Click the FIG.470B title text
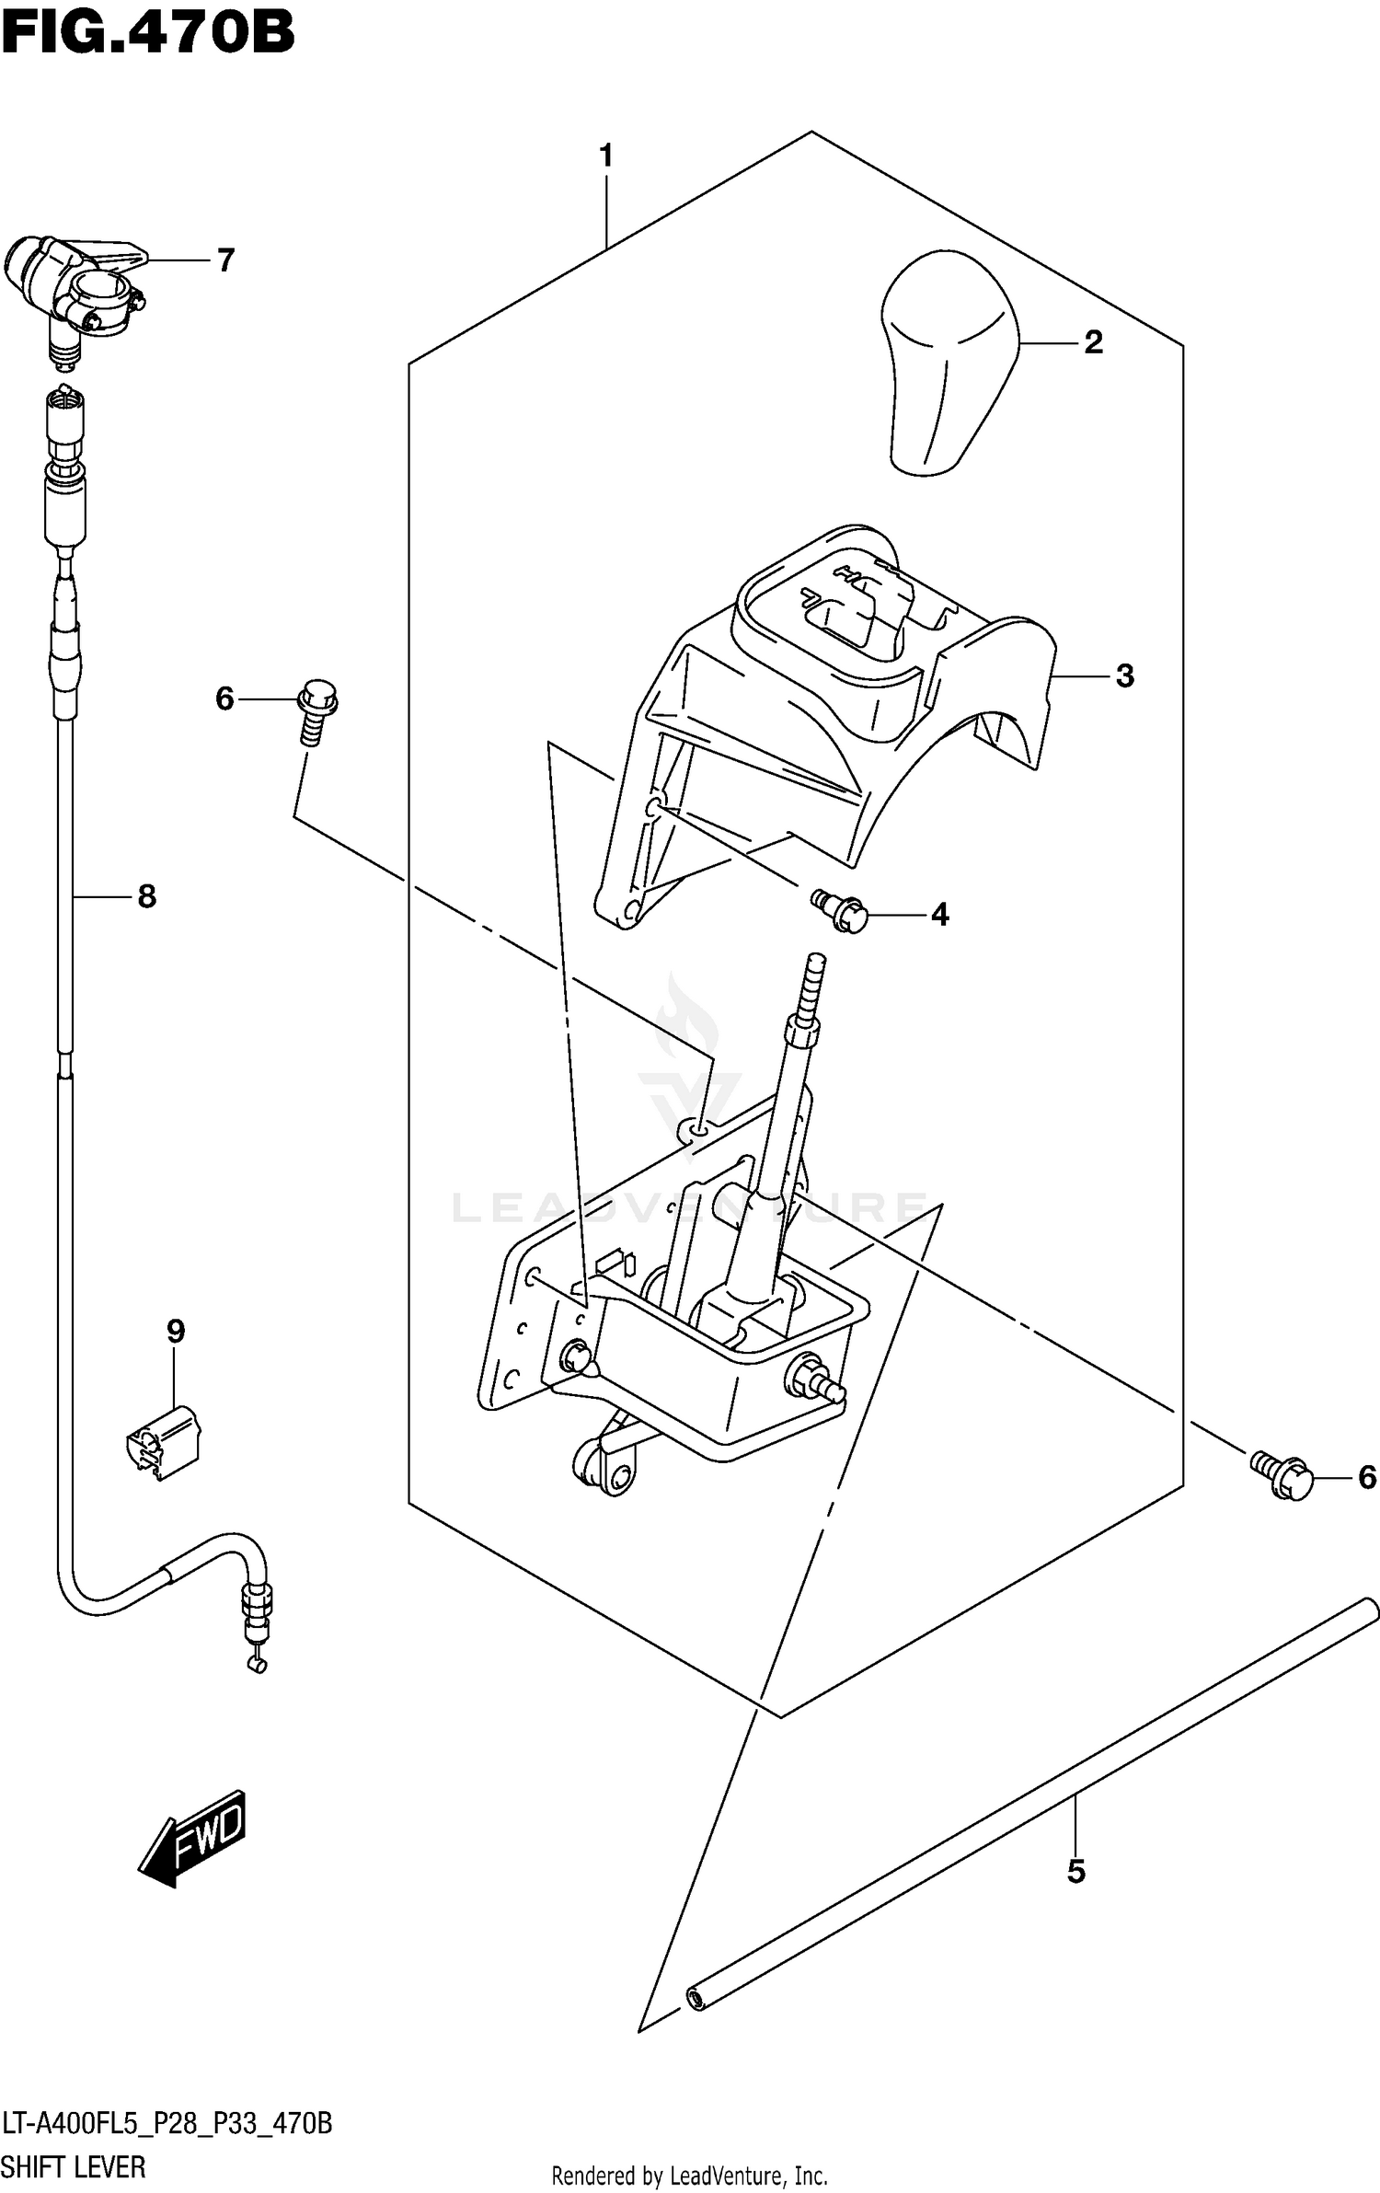(147, 32)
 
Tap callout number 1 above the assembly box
(605, 156)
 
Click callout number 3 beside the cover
(1124, 675)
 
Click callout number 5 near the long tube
(1075, 1872)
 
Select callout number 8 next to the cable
(146, 895)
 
